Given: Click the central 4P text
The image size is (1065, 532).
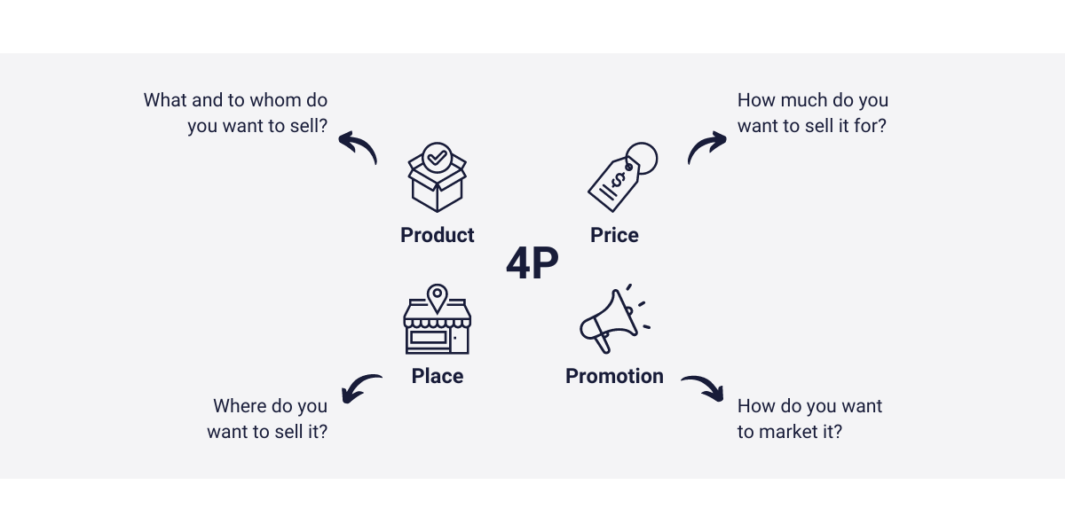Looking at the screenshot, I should [532, 265].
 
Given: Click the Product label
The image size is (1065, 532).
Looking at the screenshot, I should [437, 235].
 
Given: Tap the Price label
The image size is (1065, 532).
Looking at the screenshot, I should [614, 235].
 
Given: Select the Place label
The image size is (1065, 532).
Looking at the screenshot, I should [437, 376].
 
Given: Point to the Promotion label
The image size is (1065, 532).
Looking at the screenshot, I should [614, 376].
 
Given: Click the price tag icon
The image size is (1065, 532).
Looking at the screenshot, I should [621, 177].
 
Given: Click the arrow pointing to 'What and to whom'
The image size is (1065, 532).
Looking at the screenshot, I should [358, 147].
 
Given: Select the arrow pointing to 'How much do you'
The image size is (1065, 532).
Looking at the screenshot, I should [706, 147].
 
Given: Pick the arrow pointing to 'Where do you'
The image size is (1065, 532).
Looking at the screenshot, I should [360, 387].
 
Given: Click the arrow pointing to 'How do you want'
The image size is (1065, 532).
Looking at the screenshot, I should [703, 387].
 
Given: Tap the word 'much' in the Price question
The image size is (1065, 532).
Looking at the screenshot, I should [804, 100].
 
